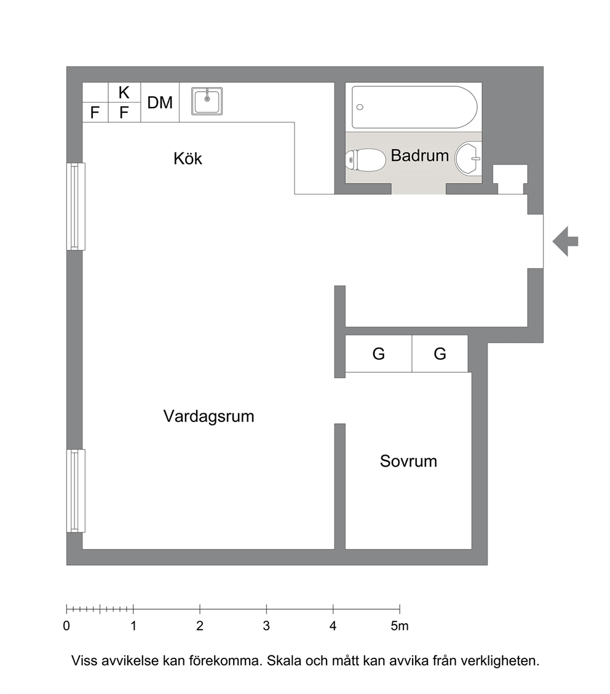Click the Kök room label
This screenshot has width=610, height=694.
pos(188,158)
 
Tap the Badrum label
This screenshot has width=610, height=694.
pos(419,155)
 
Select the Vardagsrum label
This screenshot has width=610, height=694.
pos(208,416)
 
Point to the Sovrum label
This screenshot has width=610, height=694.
pos(408,461)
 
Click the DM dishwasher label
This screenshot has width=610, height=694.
pos(160,103)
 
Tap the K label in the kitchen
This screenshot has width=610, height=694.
pos(124,93)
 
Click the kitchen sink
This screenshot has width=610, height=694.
pos(207,101)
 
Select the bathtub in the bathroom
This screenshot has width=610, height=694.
pos(414,107)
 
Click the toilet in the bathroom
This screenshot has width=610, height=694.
pos(365,160)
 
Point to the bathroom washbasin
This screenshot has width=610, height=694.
pos(469,158)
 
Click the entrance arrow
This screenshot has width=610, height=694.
pos(565,241)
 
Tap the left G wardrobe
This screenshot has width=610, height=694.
pos(378,354)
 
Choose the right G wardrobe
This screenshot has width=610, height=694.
pos(440,354)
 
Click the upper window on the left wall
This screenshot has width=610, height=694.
pos(76,206)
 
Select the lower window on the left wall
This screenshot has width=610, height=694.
pos(76,490)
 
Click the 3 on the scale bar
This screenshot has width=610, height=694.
pos(266,626)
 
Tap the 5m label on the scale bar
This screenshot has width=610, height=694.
pos(400,626)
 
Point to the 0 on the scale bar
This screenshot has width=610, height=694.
pos(66,626)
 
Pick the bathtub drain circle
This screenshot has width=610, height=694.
pos(360,107)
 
